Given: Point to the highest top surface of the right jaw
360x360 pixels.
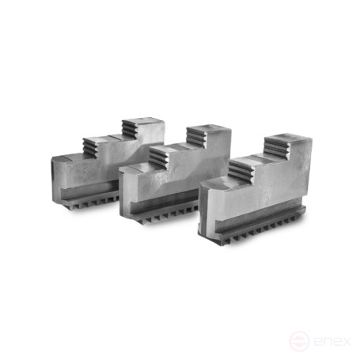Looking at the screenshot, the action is click(x=289, y=140).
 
